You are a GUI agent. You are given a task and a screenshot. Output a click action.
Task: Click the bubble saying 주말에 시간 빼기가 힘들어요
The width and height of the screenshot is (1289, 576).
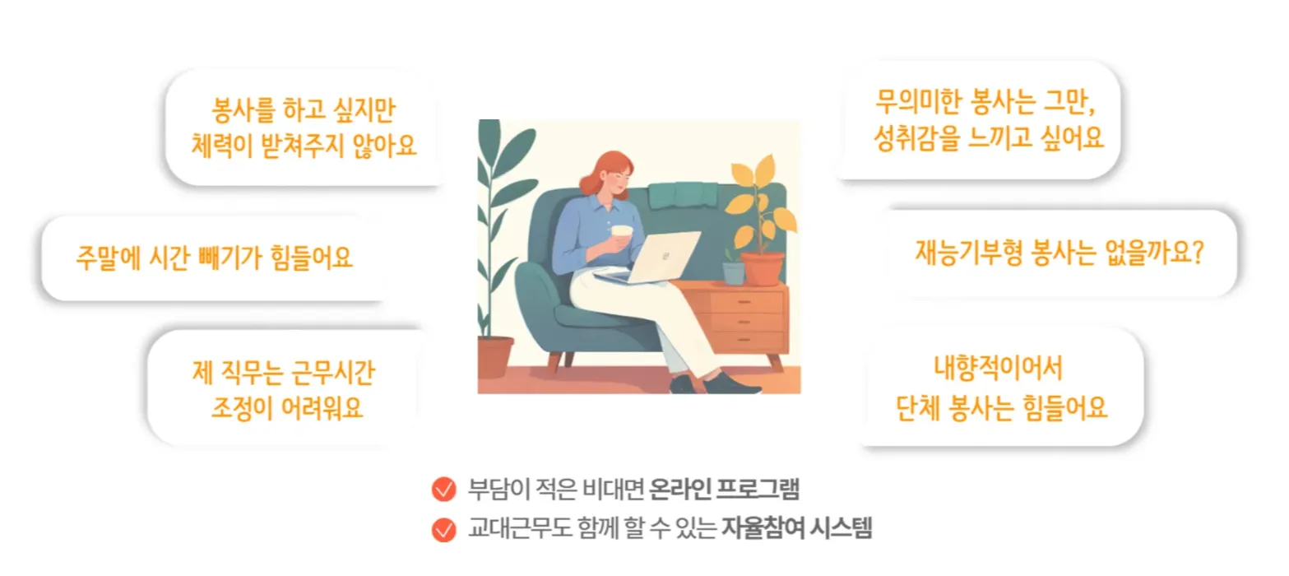tap(214, 258)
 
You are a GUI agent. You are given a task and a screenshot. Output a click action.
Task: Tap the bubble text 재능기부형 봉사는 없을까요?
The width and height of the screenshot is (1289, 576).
tap(1059, 253)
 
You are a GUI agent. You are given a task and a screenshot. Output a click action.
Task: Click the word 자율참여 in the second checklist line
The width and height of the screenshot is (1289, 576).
tap(763, 527)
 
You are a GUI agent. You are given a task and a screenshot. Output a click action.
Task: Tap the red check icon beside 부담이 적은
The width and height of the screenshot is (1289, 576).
tap(443, 489)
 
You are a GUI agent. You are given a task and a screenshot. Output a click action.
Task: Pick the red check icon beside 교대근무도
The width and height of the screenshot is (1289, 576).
tap(443, 529)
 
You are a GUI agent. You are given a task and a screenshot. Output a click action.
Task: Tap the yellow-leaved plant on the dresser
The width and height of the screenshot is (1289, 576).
tap(759, 202)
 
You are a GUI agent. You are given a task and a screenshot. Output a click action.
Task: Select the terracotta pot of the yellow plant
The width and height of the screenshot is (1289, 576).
tap(763, 269)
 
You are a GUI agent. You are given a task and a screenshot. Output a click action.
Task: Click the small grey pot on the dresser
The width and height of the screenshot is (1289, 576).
tap(733, 273)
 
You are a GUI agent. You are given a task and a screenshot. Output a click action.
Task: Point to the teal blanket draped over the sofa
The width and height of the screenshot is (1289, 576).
tap(683, 195)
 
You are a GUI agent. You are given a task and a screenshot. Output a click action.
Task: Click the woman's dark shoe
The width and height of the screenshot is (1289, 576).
tap(730, 383)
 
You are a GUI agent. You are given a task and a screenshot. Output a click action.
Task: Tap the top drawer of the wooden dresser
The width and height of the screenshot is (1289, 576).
tap(746, 301)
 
